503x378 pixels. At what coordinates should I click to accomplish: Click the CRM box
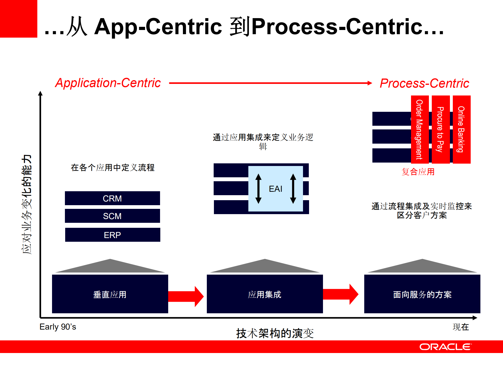pos(112,198)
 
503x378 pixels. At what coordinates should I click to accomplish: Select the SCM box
pos(112,216)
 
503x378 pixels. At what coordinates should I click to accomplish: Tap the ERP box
pos(112,235)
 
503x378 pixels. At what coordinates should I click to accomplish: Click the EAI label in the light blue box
pos(275,189)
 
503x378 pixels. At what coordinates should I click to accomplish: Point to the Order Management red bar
pos(420,129)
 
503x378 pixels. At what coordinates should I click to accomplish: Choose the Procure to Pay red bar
pos(440,129)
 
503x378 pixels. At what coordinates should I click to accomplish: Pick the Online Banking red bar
pos(461,129)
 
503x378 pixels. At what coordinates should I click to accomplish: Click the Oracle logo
pos(445,347)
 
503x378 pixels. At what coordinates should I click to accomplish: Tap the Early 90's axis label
pos(58,327)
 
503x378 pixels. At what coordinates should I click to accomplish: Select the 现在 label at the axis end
pos(461,327)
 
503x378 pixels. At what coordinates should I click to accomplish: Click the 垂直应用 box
pos(110,294)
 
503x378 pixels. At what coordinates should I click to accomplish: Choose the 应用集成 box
pos(265,294)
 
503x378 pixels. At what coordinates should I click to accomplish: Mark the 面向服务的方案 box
pos(422,294)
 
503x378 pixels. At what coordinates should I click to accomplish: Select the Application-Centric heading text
pos(108,83)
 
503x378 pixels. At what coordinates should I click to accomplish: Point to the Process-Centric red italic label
pos(424,83)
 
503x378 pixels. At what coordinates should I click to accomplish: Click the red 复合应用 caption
pos(418,172)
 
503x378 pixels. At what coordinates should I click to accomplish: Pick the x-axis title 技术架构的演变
pos(275,333)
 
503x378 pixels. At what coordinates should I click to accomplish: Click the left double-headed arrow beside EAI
pos(258,189)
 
